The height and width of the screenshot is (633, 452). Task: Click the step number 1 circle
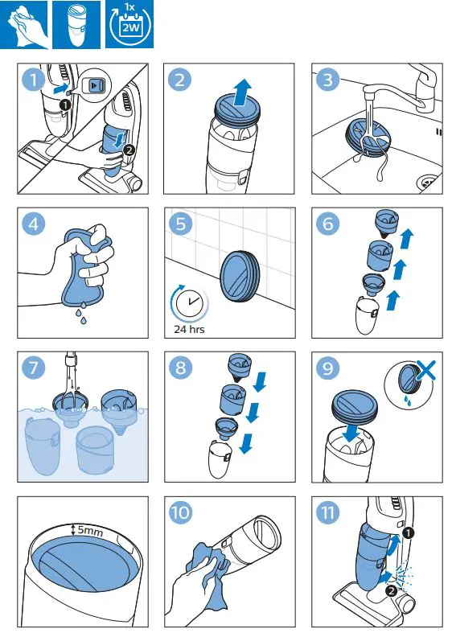click(34, 80)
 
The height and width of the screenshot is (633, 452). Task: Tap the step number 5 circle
click(181, 224)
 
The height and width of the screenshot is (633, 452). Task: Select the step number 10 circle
click(181, 512)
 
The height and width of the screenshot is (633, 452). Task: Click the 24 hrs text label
click(189, 330)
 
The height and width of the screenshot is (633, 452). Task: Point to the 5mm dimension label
click(90, 530)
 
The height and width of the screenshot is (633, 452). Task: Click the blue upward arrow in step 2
click(243, 92)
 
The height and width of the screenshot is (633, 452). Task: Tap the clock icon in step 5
click(190, 302)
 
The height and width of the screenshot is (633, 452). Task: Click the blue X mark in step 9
click(426, 371)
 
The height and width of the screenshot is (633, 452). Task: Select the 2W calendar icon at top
click(129, 25)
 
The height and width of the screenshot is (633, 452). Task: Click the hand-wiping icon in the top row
click(24, 25)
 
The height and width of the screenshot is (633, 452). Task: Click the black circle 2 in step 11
click(391, 590)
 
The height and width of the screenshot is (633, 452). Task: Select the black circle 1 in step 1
click(64, 105)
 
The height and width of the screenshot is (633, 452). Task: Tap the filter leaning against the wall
click(240, 276)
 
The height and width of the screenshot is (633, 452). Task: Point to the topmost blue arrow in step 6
click(406, 238)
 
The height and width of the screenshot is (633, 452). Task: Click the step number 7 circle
click(34, 368)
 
